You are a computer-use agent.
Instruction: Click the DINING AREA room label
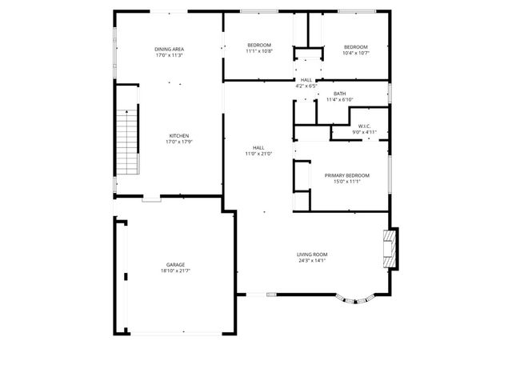169,50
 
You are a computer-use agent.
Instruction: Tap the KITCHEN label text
179,135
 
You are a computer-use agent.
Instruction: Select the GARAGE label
176,264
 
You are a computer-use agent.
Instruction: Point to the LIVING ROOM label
313,255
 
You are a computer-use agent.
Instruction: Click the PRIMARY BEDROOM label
346,175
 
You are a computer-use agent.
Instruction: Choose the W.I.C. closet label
364,126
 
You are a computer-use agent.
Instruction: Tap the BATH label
340,94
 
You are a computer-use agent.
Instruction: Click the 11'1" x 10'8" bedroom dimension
259,51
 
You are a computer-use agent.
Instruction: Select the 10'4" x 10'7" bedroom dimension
356,53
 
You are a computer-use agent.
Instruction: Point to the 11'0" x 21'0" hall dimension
258,154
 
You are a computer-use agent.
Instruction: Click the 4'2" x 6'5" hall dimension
306,86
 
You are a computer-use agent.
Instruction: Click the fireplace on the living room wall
390,247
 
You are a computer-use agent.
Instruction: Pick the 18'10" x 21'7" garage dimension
176,271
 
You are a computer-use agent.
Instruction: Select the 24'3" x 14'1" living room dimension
313,261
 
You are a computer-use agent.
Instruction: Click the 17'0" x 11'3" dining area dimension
169,56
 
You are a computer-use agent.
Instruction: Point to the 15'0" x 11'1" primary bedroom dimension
346,182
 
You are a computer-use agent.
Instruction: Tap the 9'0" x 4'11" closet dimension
364,132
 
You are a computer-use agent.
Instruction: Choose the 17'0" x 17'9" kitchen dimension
179,142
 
